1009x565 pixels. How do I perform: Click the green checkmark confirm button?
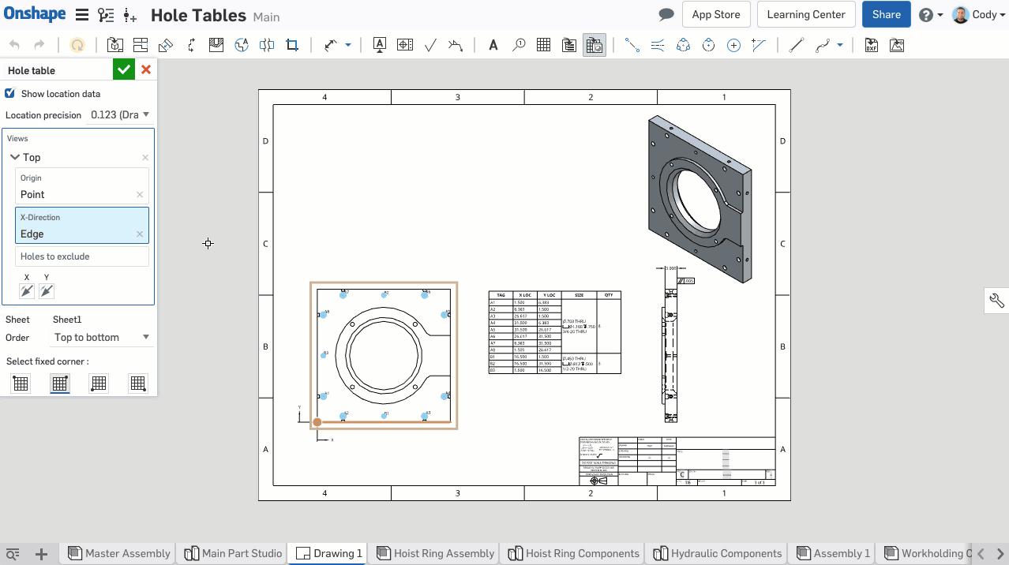click(124, 69)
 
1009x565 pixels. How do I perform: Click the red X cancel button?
click(146, 69)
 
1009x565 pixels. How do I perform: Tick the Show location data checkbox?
click(10, 93)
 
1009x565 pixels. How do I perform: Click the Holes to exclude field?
click(82, 256)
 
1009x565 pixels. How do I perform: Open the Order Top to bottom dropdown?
click(101, 337)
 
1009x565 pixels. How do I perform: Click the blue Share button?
click(886, 14)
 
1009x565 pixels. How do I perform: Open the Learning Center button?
click(805, 14)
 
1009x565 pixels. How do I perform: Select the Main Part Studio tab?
click(234, 553)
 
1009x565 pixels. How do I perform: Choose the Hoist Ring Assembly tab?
click(436, 553)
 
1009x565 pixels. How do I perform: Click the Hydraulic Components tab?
click(718, 553)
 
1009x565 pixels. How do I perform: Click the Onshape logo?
click(34, 14)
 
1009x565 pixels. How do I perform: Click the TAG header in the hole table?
click(501, 295)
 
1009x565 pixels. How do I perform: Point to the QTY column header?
click(609, 295)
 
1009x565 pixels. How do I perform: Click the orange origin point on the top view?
click(317, 422)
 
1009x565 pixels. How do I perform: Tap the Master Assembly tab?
click(119, 553)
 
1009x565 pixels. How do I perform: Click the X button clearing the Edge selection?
click(140, 234)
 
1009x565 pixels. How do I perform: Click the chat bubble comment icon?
click(666, 14)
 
